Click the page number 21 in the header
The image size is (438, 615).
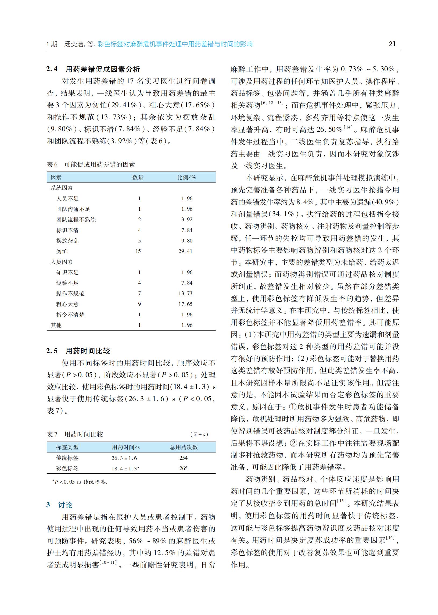point(392,44)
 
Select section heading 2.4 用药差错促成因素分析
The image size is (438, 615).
point(93,69)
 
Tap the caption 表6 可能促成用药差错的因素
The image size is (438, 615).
point(91,164)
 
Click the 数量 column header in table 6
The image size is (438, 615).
point(138,177)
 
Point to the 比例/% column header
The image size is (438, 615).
point(186,177)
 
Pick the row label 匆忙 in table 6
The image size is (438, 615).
point(62,251)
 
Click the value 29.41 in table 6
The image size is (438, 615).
point(185,251)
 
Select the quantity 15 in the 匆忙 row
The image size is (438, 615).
point(138,251)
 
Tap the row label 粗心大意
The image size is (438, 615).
point(67,304)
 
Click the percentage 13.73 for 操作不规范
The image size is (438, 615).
point(185,294)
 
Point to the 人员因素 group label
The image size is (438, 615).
point(62,262)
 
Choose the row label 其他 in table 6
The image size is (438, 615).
point(56,325)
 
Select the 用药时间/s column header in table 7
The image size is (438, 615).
point(126,447)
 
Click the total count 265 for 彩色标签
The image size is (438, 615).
point(184,468)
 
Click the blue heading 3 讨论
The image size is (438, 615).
point(59,505)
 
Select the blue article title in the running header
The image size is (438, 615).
point(175,44)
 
